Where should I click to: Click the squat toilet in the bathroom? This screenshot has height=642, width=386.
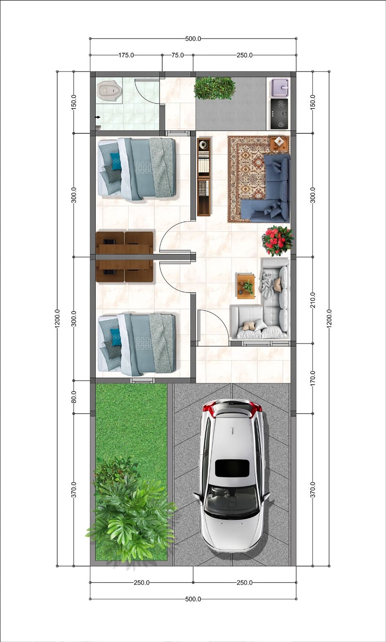109,91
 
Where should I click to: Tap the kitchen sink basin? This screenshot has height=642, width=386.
279,87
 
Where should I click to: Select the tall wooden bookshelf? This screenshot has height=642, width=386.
204,176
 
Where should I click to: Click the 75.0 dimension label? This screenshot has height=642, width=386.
178,55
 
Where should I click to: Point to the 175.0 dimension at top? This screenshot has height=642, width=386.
126,55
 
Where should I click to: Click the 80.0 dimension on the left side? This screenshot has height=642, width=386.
74,397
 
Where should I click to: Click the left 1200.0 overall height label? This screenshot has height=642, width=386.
57,319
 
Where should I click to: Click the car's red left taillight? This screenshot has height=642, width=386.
209,407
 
